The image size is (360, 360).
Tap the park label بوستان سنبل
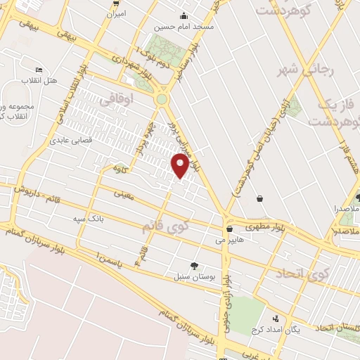tap(193, 276)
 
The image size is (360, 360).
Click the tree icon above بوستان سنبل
tap(194, 266)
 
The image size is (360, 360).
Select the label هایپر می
tap(229, 240)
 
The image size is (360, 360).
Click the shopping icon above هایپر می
tap(230, 229)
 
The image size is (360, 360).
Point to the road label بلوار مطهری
tap(266, 226)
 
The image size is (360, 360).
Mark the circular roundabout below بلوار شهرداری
tap(162, 100)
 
